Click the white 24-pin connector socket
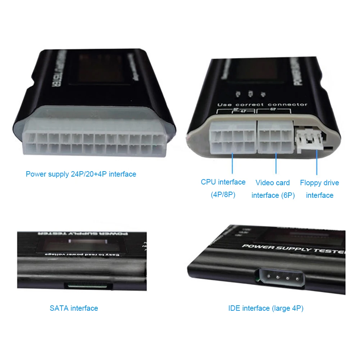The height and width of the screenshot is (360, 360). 95,142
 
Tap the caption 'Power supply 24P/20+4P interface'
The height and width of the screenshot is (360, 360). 81,174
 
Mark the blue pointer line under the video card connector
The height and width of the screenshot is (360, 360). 276,164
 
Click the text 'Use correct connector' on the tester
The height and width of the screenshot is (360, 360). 262,105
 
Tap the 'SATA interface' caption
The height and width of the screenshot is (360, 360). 74,308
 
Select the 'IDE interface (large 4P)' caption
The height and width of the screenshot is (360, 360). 266,308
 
